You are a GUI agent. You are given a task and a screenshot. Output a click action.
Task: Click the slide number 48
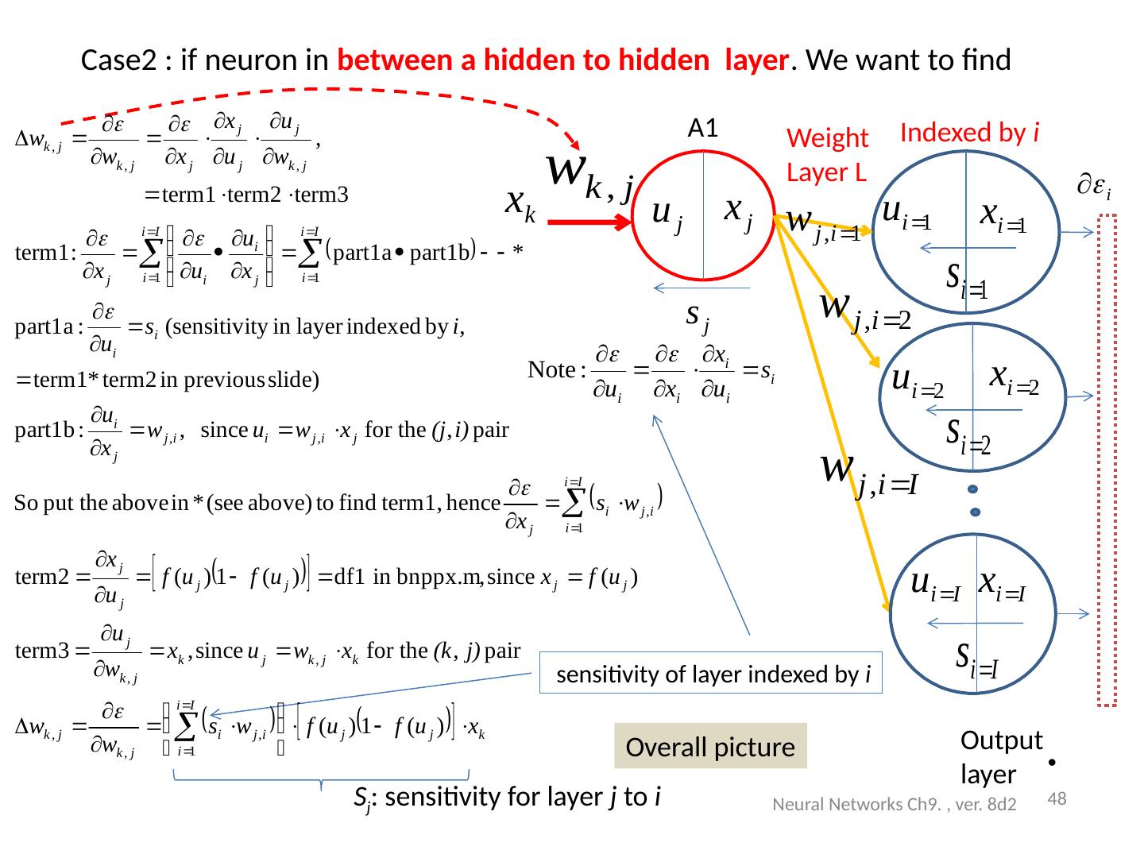click(1057, 798)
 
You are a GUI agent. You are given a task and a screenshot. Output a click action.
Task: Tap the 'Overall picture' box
click(710, 747)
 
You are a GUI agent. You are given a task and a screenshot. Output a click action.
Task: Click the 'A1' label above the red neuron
click(704, 128)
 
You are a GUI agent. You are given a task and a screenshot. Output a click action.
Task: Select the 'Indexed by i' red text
click(970, 132)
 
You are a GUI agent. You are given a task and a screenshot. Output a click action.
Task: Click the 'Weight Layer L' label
click(827, 155)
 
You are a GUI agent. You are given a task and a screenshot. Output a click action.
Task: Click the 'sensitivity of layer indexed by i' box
click(711, 674)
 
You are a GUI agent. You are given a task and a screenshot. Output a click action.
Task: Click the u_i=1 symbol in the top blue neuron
click(910, 217)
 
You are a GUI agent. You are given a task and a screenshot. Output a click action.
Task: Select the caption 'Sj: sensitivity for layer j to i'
click(508, 798)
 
